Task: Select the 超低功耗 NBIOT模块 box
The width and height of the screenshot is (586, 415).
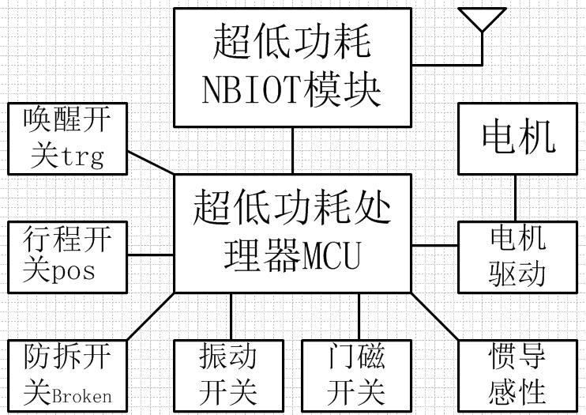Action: click(292, 67)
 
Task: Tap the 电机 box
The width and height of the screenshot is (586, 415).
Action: click(518, 138)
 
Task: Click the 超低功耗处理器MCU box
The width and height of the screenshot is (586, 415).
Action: click(292, 233)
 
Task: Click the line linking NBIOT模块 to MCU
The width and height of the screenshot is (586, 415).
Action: click(292, 150)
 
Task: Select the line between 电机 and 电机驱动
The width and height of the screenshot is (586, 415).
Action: click(517, 198)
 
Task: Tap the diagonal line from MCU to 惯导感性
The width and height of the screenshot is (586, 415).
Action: click(434, 316)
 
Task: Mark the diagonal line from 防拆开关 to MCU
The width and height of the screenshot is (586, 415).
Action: click(150, 316)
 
